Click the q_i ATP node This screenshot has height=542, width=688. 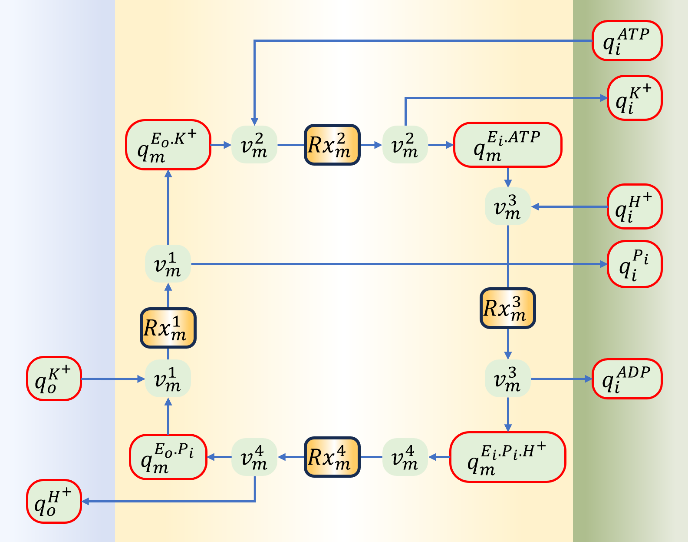627,40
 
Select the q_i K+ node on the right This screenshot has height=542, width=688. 634,98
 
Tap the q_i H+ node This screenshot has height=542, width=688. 634,206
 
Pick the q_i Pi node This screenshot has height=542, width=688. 634,264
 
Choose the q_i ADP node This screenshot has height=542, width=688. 627,379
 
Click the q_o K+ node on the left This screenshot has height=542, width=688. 54,379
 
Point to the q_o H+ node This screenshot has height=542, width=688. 54,501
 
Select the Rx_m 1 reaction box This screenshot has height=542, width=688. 168,328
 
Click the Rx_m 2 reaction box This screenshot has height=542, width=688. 332,145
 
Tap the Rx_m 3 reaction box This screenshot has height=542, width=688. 507,308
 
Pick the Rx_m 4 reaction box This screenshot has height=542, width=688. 332,457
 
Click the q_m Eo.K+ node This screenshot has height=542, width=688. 168,145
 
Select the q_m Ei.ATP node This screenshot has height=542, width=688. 507,145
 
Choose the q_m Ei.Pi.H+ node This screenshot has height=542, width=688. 507,457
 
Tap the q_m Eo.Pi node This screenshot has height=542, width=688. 168,457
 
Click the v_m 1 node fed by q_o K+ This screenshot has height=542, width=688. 168,379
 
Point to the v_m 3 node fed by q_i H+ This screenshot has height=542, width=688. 507,206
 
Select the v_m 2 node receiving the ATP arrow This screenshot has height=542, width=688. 254,145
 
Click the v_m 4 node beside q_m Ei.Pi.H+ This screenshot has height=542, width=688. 405,457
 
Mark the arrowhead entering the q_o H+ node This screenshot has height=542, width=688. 86,501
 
